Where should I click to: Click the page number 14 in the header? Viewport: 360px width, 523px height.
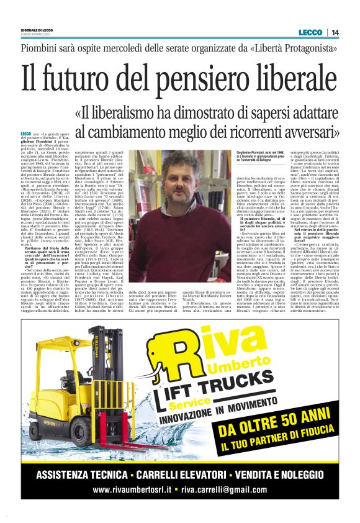click(x=335, y=32)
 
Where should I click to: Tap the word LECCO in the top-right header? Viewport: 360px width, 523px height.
click(x=311, y=32)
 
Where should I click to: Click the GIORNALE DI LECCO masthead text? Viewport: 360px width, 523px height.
click(x=36, y=30)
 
